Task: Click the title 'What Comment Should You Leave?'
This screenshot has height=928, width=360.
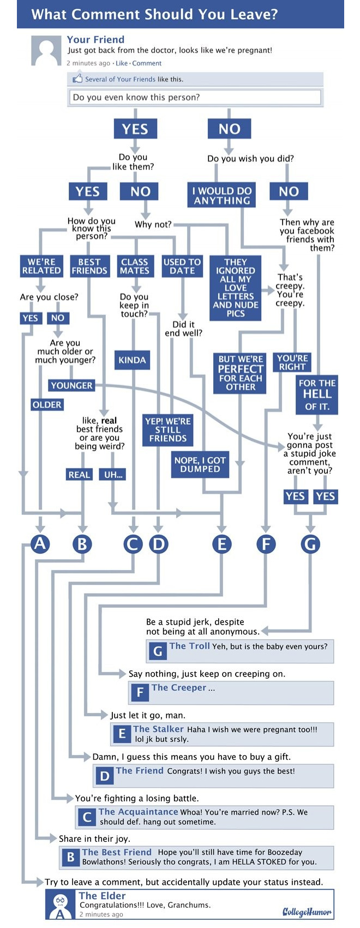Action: point(154,14)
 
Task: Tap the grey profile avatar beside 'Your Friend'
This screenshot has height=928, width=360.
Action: point(46,52)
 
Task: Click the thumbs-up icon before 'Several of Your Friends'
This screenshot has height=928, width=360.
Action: point(77,79)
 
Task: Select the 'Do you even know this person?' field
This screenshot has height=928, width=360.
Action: point(194,97)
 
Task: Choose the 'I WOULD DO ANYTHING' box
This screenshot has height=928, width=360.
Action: point(221,195)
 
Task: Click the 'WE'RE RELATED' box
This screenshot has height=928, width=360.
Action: point(41,266)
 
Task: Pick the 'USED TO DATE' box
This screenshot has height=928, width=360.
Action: point(182,266)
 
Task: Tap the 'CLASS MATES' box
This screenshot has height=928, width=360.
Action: point(135,266)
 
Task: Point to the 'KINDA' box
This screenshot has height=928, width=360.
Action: point(133,360)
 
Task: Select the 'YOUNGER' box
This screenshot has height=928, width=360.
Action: point(71,386)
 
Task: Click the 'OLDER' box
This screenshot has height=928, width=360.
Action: point(47,405)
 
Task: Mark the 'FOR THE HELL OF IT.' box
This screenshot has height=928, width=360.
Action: point(317,394)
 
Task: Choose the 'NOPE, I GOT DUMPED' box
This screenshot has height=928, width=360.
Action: point(200,464)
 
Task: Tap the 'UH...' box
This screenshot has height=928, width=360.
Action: point(113,475)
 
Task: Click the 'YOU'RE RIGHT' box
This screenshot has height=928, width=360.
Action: point(292,363)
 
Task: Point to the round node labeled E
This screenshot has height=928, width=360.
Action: point(221,544)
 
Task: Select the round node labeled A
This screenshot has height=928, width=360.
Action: point(40,544)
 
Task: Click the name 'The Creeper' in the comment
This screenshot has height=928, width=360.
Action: point(179,687)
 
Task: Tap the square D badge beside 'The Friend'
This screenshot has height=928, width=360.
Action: point(105,775)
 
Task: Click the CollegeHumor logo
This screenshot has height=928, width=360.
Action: point(307,912)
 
